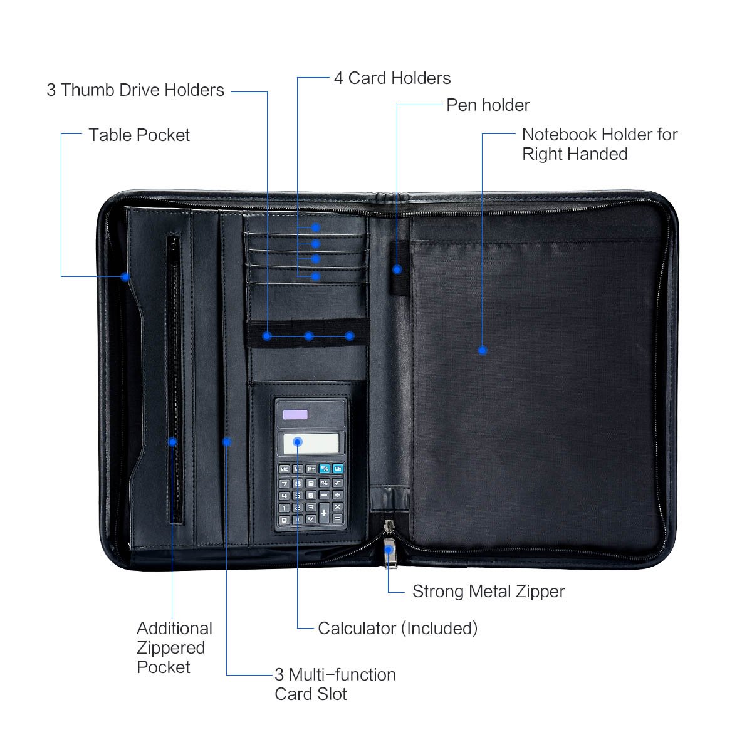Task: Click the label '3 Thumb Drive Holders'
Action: click(135, 90)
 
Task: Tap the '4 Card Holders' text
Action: click(392, 78)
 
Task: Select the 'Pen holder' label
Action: click(488, 105)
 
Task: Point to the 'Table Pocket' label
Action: click(138, 135)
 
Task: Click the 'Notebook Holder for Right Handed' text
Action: click(599, 144)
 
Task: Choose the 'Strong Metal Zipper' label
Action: click(488, 592)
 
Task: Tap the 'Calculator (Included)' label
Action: click(397, 629)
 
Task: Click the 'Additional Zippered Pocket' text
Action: click(174, 647)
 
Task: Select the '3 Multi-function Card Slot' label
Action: click(335, 684)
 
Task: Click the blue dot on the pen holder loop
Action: click(397, 269)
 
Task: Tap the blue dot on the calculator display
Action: click(298, 442)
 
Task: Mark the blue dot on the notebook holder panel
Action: click(482, 350)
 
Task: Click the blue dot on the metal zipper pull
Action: click(389, 550)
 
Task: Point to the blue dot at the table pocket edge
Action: click(125, 276)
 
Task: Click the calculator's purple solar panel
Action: click(295, 415)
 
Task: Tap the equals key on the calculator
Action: click(337, 519)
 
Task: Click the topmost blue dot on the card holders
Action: click(316, 227)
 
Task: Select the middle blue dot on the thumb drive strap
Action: click(308, 336)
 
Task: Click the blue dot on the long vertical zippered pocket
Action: click(172, 442)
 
